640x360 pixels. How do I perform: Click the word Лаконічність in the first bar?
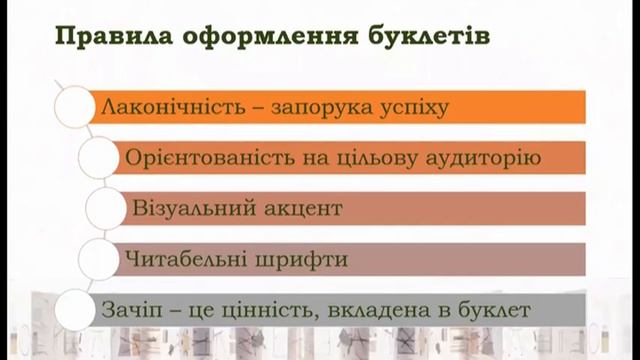(165, 106)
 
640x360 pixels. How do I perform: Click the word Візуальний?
(190, 209)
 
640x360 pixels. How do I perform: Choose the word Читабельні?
(189, 259)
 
